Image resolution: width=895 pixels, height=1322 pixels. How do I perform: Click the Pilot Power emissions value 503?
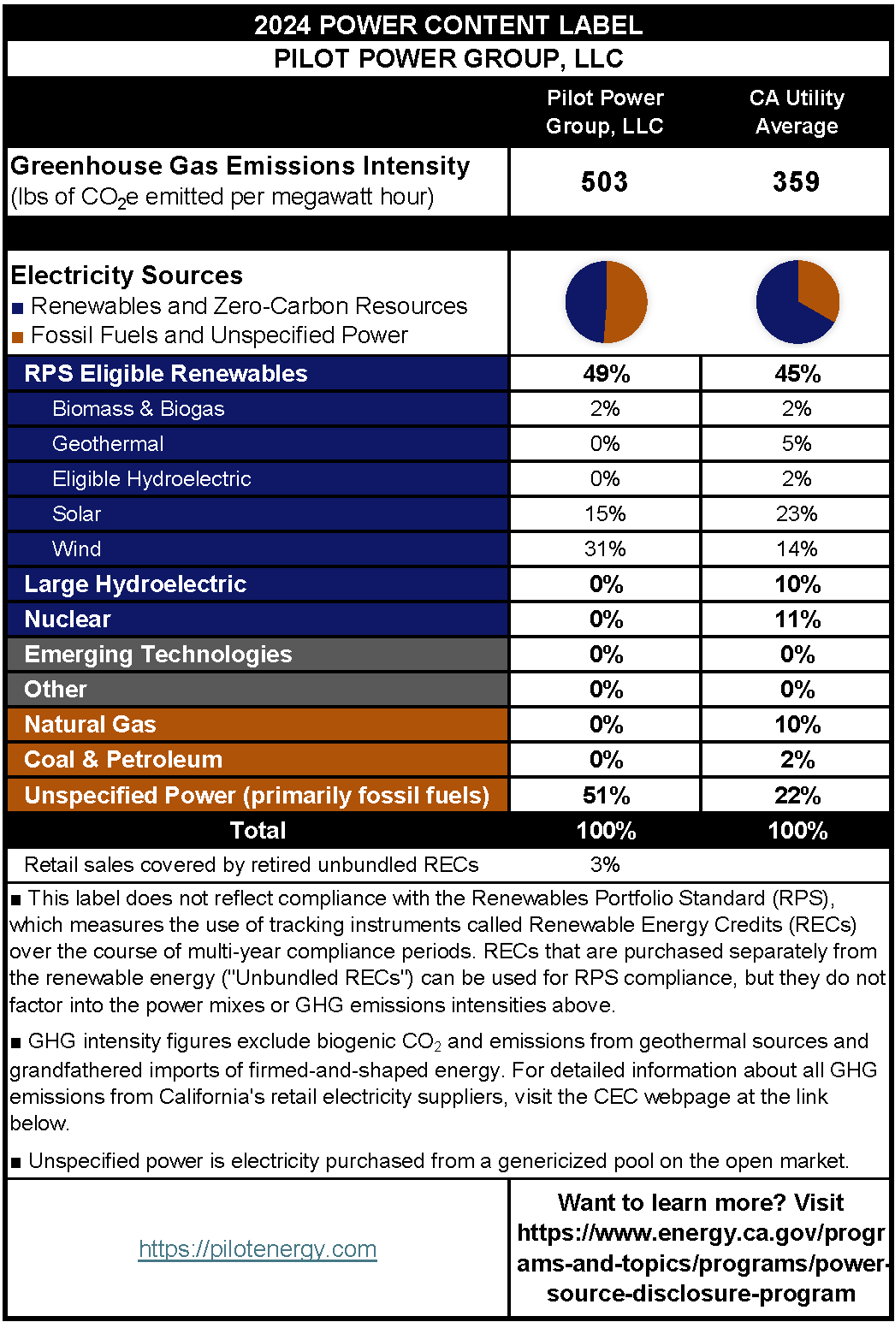pyautogui.click(x=605, y=181)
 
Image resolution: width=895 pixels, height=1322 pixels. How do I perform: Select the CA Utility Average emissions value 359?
pyautogui.click(x=797, y=181)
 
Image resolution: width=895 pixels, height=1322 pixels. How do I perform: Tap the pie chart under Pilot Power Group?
pyautogui.click(x=606, y=301)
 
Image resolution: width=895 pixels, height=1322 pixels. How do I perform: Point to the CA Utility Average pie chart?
pyautogui.click(x=797, y=301)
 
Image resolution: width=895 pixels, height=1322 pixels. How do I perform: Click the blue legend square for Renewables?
pyautogui.click(x=17, y=308)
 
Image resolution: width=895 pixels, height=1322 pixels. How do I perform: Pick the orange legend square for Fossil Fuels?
pyautogui.click(x=17, y=337)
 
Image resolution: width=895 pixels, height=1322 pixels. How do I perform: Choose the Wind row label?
pyautogui.click(x=76, y=548)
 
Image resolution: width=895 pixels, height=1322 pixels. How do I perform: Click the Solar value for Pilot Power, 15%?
pyautogui.click(x=605, y=513)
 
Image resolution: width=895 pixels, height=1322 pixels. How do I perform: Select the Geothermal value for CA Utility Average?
pyautogui.click(x=797, y=443)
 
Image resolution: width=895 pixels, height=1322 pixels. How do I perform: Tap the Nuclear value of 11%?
pyautogui.click(x=797, y=619)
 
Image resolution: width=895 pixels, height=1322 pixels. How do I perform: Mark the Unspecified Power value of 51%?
pyautogui.click(x=606, y=795)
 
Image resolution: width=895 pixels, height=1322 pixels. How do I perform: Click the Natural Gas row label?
pyautogui.click(x=90, y=724)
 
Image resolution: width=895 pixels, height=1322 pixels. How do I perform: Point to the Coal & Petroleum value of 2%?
pyautogui.click(x=797, y=759)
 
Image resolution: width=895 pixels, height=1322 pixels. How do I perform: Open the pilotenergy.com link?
pyautogui.click(x=258, y=1249)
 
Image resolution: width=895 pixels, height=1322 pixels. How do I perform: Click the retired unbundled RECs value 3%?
pyautogui.click(x=605, y=864)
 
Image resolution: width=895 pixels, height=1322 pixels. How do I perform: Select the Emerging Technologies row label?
pyautogui.click(x=158, y=654)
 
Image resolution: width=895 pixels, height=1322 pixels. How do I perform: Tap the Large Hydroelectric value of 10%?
pyautogui.click(x=797, y=584)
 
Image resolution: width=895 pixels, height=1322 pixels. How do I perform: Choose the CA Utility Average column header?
pyautogui.click(x=797, y=112)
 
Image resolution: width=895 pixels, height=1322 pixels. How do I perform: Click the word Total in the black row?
pyautogui.click(x=258, y=830)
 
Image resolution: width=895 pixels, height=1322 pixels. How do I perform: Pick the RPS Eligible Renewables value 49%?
pyautogui.click(x=606, y=373)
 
